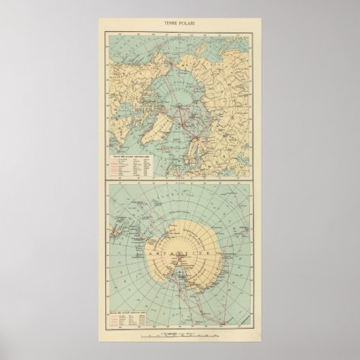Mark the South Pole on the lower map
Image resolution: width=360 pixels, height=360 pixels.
[x=181, y=257]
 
